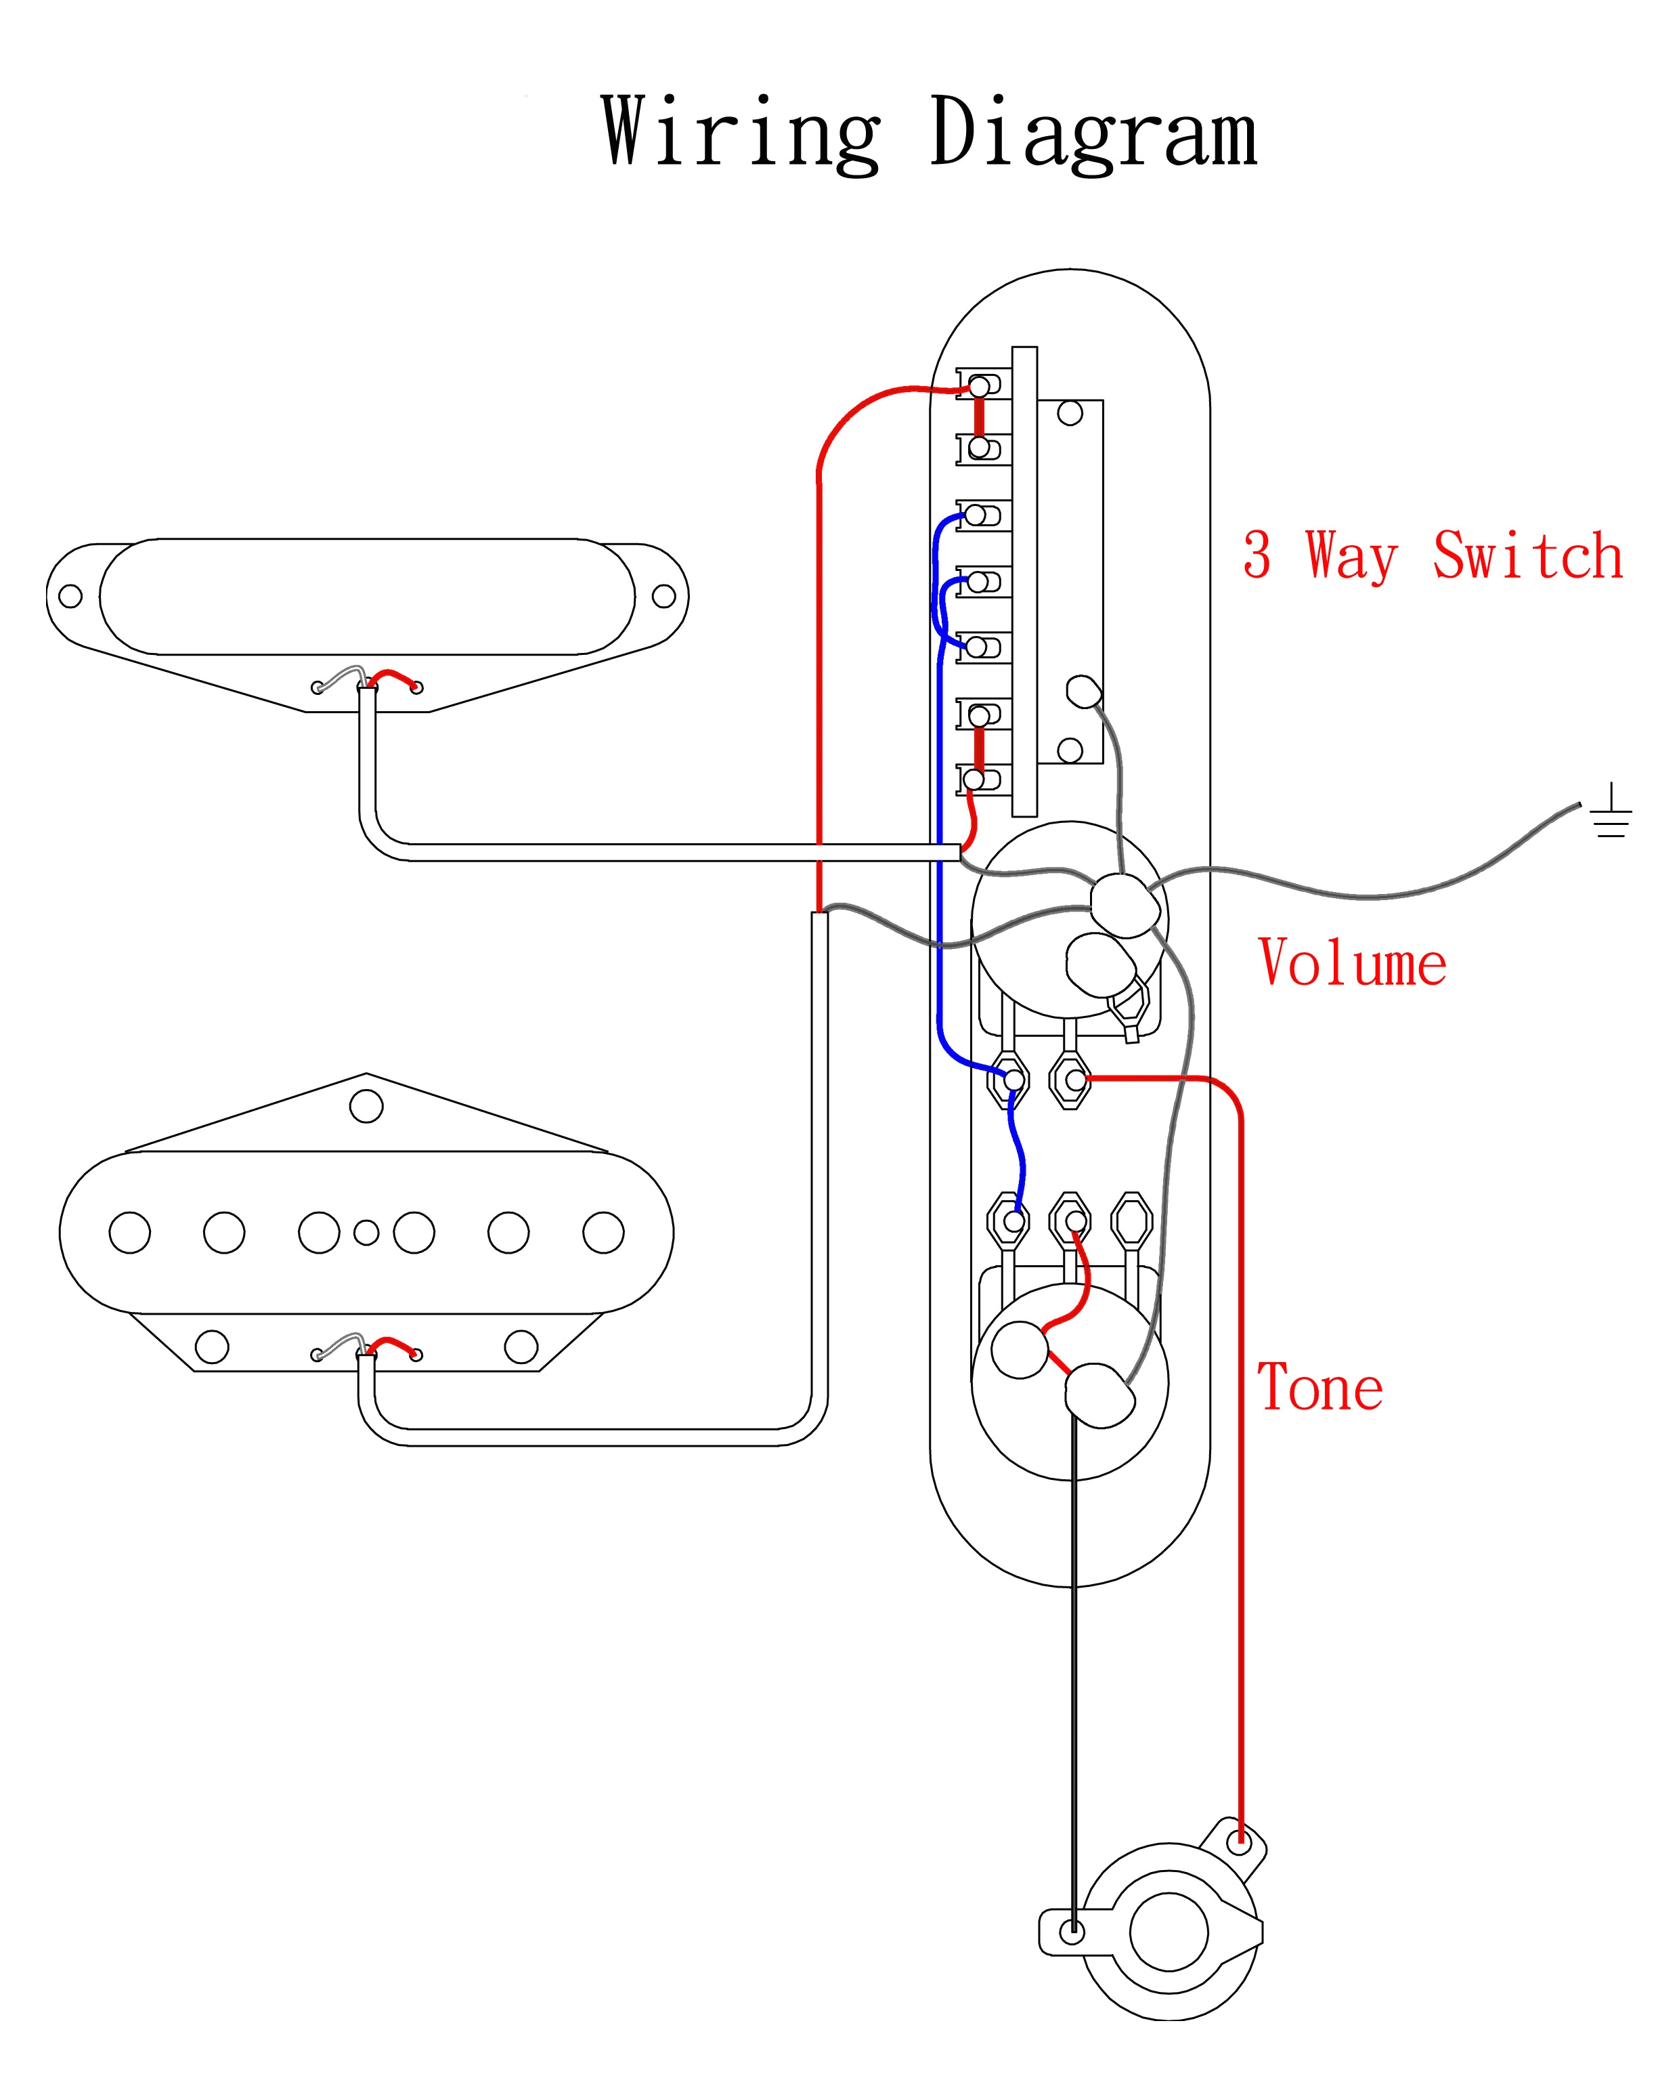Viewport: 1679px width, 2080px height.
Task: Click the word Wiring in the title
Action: [740, 133]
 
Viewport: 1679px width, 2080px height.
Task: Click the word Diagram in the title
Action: [1093, 133]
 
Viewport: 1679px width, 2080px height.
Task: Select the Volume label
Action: [1352, 964]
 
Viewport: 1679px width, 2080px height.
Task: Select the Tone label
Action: [1320, 1386]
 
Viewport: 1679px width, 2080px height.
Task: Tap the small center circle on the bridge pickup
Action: [366, 1233]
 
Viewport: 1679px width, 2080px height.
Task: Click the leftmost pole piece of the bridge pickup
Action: [129, 1233]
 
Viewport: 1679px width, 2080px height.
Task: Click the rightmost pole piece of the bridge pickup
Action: [603, 1233]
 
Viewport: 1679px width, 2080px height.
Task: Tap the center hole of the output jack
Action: [1169, 1935]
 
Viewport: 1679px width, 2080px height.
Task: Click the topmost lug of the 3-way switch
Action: [980, 386]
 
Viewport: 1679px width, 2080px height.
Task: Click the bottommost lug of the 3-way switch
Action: [975, 780]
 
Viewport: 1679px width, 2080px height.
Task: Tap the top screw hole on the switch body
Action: [1070, 413]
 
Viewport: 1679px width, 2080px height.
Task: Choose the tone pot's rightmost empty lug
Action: [1131, 1221]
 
